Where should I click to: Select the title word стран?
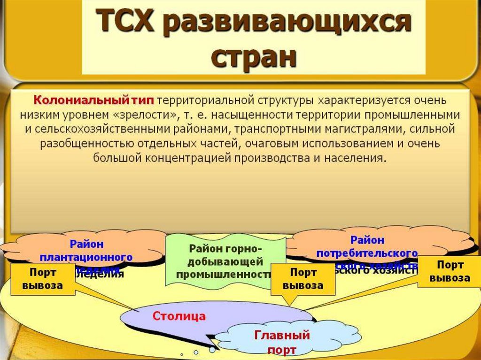(254, 58)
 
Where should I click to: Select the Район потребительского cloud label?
(367, 247)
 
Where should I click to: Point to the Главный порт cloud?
(282, 342)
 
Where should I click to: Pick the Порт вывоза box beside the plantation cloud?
(43, 279)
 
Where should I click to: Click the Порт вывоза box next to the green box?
(303, 279)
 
